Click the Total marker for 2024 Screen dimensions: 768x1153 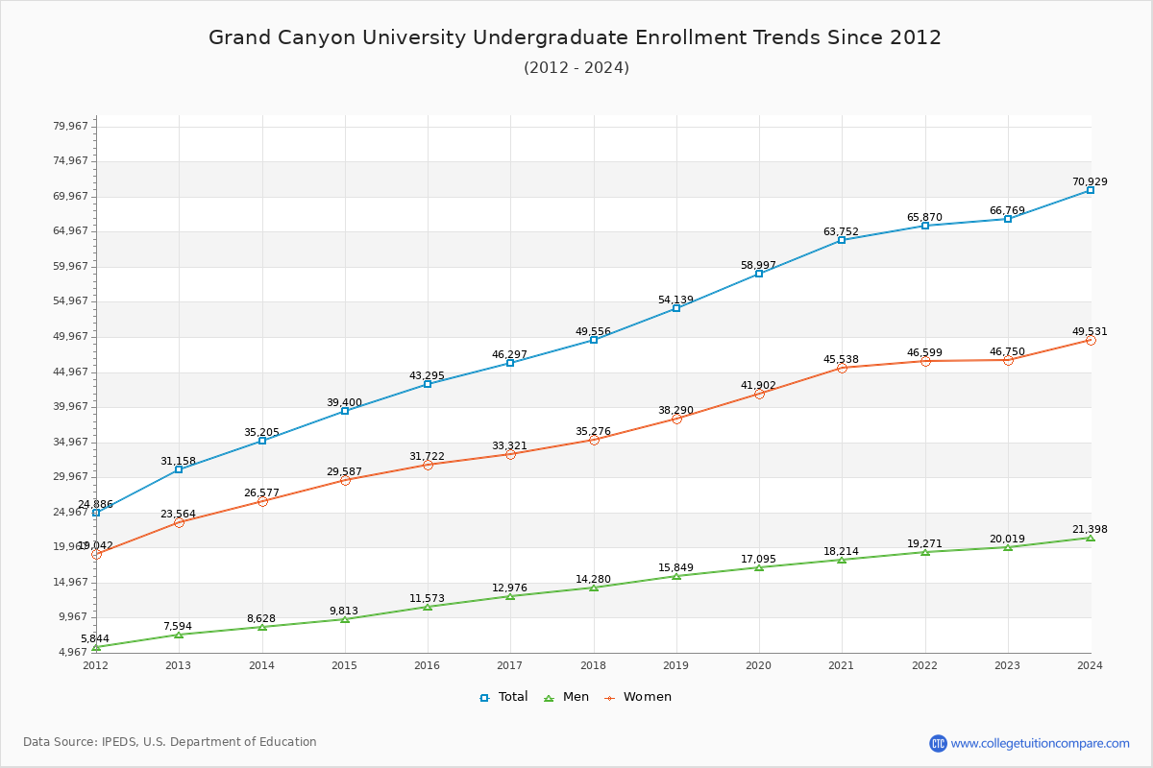click(1091, 190)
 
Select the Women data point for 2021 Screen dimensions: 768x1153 click(842, 368)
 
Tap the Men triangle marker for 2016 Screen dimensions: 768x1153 click(428, 607)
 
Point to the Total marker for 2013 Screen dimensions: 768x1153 click(179, 469)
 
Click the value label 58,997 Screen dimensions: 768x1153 click(759, 265)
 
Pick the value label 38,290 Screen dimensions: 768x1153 click(675, 410)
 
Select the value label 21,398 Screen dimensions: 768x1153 click(1090, 530)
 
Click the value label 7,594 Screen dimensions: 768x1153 click(179, 627)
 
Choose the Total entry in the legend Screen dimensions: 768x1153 click(504, 697)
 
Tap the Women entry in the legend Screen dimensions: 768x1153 click(638, 697)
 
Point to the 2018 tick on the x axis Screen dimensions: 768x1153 click(594, 665)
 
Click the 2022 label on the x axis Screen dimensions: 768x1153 click(925, 665)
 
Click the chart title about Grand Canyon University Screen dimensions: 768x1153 click(575, 38)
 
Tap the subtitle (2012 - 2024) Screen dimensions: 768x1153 click(576, 68)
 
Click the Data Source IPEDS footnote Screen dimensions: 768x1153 click(170, 742)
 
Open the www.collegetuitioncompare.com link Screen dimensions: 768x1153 click(1040, 743)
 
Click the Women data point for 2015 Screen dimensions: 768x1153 click(345, 480)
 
